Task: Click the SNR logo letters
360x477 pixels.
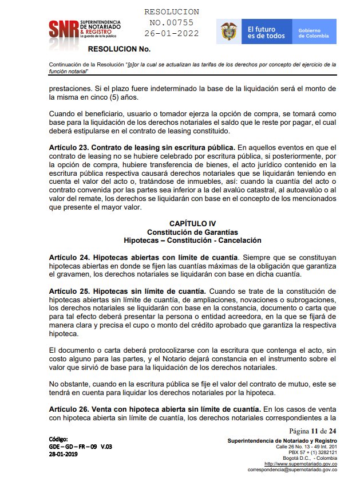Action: (64, 28)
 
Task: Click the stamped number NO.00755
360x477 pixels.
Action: (171, 23)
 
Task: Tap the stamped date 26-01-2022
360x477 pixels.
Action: (172, 33)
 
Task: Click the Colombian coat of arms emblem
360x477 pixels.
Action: (229, 31)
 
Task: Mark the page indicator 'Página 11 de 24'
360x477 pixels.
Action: (312, 431)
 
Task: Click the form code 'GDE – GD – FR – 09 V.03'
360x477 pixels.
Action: (81, 446)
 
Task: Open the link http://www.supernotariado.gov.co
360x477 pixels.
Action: (300, 463)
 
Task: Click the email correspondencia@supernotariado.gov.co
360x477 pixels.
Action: (292, 470)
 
